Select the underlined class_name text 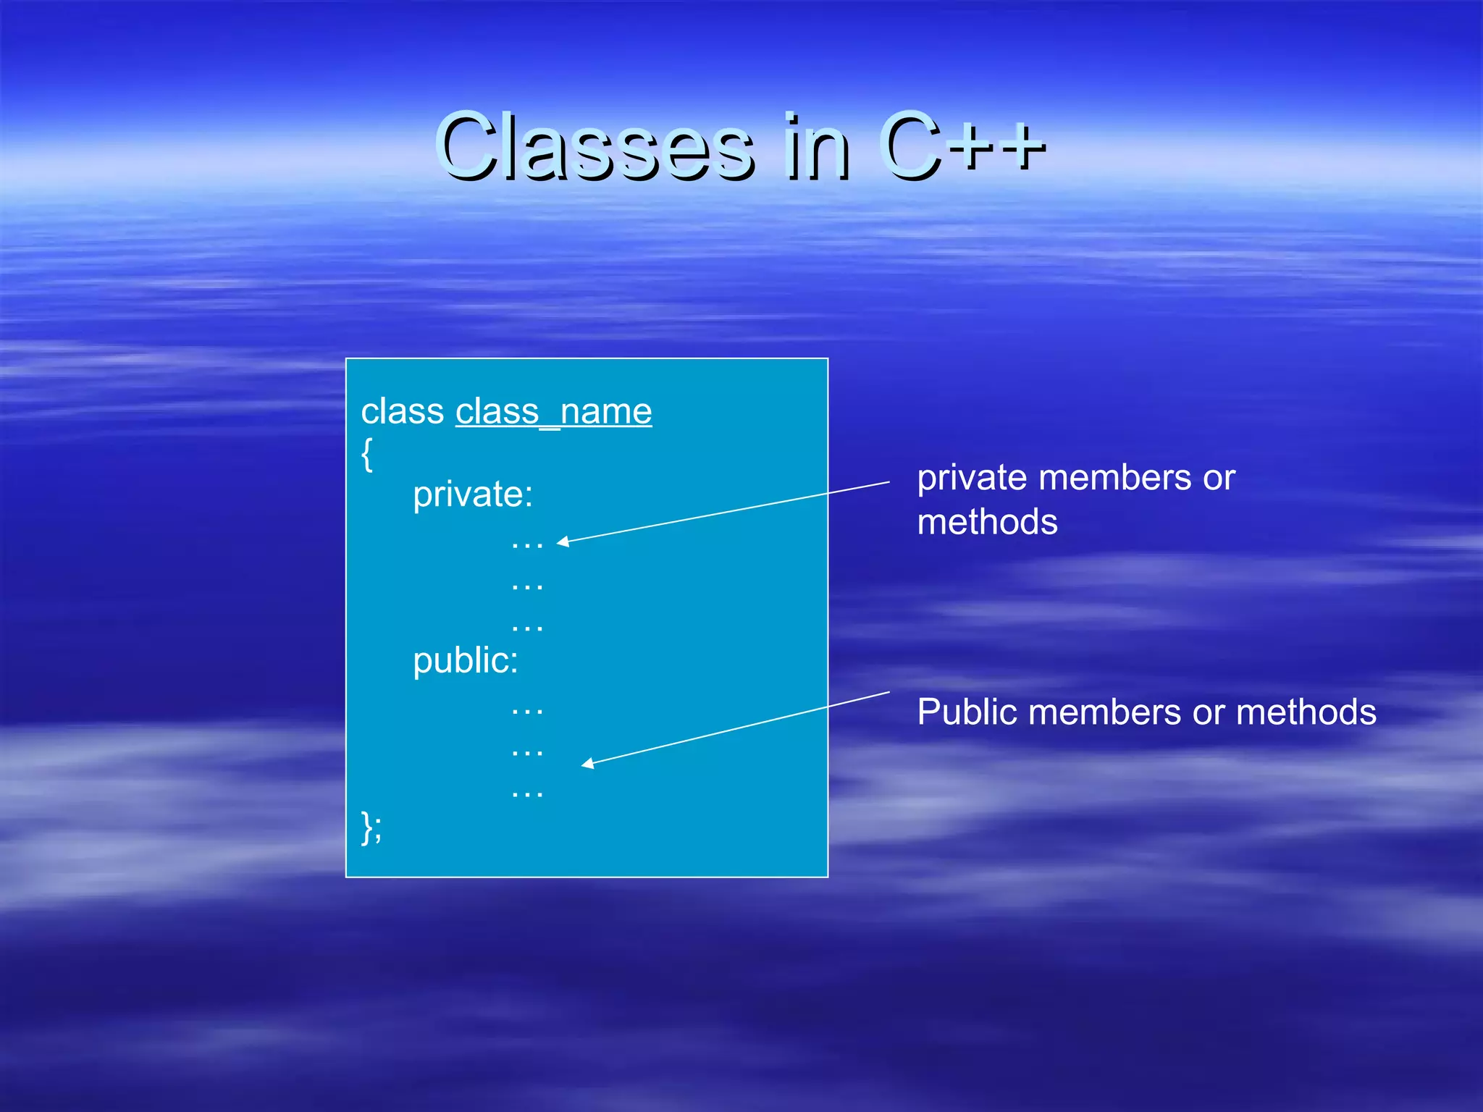[553, 411]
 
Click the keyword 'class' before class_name [403, 411]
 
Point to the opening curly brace [367, 454]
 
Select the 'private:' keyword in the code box [473, 495]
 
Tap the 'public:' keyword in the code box [466, 661]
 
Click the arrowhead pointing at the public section [588, 763]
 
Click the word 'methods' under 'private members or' [987, 523]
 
